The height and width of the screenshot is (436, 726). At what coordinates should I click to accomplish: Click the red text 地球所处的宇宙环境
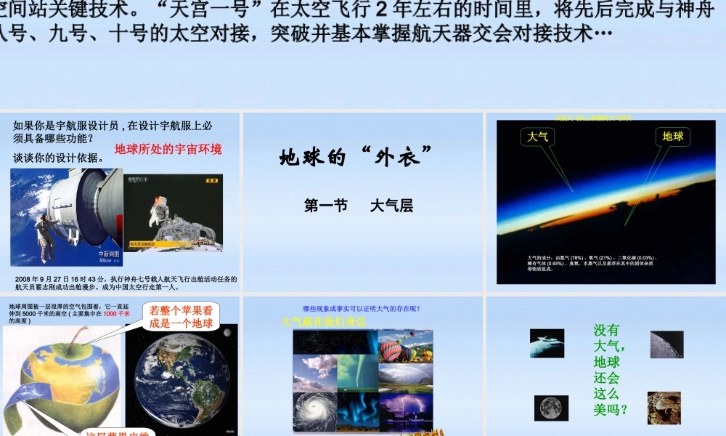(x=168, y=149)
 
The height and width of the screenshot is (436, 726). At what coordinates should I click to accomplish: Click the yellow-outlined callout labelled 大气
(x=538, y=136)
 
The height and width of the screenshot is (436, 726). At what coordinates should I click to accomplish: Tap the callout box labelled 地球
(x=672, y=136)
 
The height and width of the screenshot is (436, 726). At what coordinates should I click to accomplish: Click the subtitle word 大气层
(x=391, y=206)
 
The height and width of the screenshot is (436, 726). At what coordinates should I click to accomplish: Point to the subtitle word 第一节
(x=326, y=206)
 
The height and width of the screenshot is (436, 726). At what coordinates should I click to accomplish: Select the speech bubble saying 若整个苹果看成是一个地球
(x=181, y=317)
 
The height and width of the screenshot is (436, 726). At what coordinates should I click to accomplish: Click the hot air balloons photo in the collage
(x=406, y=346)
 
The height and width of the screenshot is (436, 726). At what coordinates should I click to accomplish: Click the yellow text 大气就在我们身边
(x=323, y=321)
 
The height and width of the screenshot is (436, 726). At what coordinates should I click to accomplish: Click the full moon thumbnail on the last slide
(x=551, y=408)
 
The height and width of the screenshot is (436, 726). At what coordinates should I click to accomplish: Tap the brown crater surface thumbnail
(x=664, y=408)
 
